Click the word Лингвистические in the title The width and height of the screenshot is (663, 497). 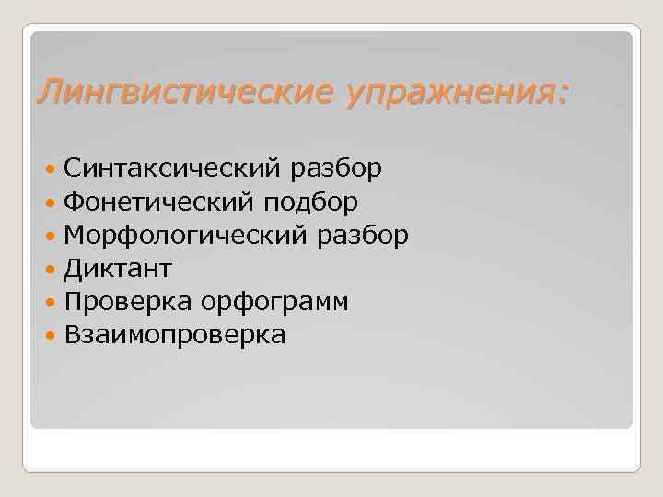(x=185, y=92)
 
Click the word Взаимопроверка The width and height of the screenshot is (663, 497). (x=175, y=335)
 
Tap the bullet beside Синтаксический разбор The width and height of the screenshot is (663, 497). (x=51, y=169)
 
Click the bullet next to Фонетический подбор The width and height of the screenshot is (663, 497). (x=51, y=202)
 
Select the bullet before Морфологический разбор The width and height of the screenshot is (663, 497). (x=51, y=236)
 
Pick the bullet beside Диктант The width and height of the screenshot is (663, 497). (x=51, y=270)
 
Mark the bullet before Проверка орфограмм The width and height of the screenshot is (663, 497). (x=51, y=303)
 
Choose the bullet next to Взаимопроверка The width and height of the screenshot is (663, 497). (x=51, y=336)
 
